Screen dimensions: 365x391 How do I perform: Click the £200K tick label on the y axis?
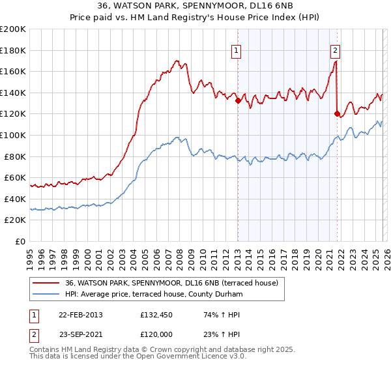(x=13, y=29)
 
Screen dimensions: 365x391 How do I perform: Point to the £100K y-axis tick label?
(x=13, y=135)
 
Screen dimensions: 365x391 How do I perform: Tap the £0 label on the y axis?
(x=20, y=241)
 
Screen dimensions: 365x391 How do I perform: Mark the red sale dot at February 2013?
(x=238, y=101)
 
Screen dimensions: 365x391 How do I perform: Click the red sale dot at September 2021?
(x=337, y=114)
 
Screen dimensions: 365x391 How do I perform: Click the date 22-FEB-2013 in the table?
(x=80, y=315)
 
